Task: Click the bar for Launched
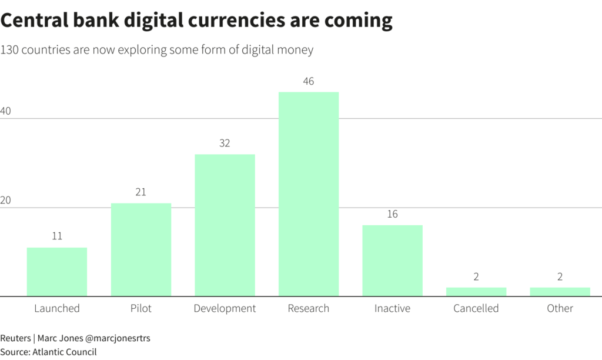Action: click(57, 272)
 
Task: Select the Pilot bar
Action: click(141, 249)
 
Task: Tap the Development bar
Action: click(225, 225)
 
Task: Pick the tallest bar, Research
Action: click(309, 194)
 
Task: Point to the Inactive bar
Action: click(392, 261)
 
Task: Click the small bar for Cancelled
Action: click(476, 292)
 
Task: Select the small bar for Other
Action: click(560, 292)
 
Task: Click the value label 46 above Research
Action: click(309, 81)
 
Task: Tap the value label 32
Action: click(225, 143)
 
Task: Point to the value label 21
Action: click(141, 192)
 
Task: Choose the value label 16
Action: click(392, 214)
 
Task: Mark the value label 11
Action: click(57, 236)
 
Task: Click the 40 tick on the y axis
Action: click(6, 111)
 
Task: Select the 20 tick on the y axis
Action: click(6, 200)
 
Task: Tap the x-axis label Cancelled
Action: click(476, 308)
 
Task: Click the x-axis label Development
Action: click(225, 308)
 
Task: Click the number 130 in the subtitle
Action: click(11, 50)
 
